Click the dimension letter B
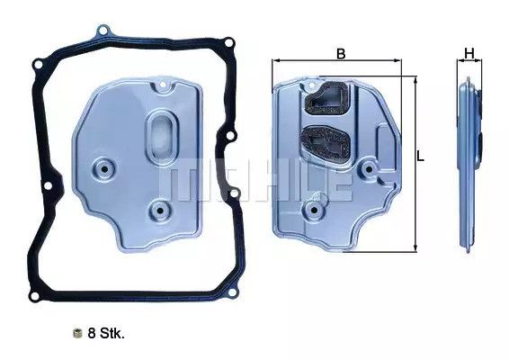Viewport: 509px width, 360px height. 341,52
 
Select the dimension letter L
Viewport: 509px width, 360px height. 420,157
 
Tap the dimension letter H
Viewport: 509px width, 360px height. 469,52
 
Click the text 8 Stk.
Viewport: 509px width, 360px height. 106,333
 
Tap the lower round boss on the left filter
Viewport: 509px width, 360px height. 160,212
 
